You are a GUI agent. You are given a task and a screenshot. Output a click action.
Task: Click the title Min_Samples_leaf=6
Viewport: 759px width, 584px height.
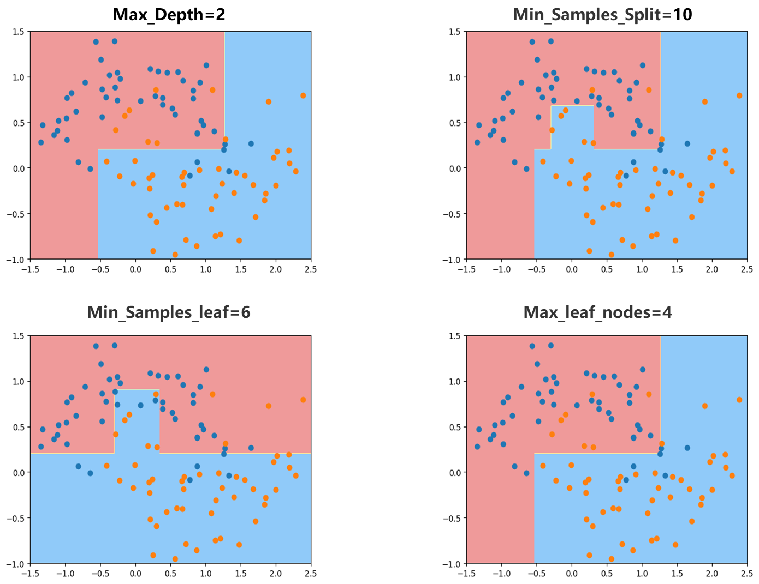click(x=169, y=312)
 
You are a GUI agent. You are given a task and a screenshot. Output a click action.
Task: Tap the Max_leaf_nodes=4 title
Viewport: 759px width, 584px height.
click(x=597, y=312)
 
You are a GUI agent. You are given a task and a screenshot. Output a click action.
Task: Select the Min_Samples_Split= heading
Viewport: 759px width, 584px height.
click(x=592, y=14)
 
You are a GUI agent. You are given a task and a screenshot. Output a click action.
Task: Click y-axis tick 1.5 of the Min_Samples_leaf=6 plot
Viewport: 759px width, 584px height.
click(x=18, y=336)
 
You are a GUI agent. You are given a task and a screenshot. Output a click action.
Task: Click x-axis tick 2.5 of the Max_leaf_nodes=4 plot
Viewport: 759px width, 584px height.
click(x=746, y=574)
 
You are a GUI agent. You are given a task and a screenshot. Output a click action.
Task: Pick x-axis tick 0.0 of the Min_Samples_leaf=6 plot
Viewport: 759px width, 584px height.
click(x=135, y=574)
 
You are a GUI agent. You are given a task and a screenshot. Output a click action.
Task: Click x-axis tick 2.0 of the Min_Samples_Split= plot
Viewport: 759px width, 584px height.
click(x=711, y=269)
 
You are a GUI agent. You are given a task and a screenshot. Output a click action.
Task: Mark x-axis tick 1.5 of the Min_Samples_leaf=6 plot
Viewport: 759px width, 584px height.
click(x=241, y=574)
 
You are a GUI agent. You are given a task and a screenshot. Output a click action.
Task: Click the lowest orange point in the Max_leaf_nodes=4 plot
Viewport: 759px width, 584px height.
click(x=612, y=559)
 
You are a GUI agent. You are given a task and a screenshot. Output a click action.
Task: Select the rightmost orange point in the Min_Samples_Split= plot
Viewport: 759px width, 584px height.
click(x=739, y=95)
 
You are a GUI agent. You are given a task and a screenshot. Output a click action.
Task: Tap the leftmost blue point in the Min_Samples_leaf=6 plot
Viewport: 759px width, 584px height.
click(x=41, y=447)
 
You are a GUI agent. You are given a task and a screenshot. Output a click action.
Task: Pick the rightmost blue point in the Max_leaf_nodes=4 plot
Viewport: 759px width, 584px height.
click(x=687, y=448)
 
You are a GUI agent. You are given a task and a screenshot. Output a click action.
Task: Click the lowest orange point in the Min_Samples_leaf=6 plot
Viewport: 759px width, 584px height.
click(x=175, y=559)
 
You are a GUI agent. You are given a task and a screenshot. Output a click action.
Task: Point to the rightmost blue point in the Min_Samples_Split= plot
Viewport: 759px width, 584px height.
click(x=687, y=143)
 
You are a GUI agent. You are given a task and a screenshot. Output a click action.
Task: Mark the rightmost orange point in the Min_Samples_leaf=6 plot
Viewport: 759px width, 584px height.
click(x=303, y=400)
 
